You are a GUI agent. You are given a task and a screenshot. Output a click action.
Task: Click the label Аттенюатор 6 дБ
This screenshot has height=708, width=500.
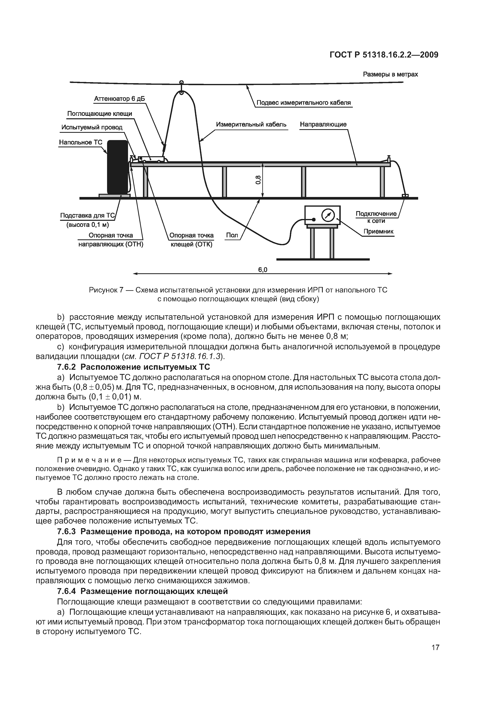[x=119, y=99]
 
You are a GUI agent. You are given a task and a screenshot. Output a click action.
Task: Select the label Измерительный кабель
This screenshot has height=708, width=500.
[x=251, y=124]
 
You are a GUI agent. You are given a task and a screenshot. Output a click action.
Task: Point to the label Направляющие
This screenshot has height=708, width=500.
[x=323, y=124]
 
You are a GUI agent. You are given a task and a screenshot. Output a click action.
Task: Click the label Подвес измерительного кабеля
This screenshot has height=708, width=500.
[x=303, y=103]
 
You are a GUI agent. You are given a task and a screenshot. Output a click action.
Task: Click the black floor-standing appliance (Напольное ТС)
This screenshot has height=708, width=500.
[x=117, y=167]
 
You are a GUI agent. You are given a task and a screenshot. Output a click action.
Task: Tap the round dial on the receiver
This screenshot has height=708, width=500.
[x=328, y=215]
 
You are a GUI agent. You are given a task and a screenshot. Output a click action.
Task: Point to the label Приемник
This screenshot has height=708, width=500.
[x=378, y=231]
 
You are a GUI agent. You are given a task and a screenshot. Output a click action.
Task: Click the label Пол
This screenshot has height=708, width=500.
[x=232, y=235]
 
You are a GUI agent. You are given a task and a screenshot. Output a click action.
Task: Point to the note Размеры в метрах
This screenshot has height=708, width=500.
[x=390, y=74]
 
